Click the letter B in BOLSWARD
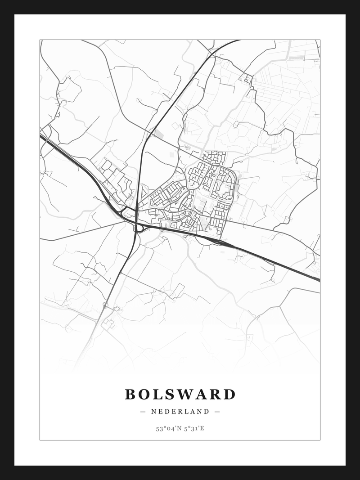[131, 395]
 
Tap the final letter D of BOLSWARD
[230, 395]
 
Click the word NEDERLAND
[180, 411]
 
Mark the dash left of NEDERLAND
[143, 411]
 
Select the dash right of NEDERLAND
[217, 411]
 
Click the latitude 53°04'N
[169, 428]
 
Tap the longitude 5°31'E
[194, 428]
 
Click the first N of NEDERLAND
[153, 411]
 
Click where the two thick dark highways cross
[136, 221]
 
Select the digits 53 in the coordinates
[159, 428]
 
